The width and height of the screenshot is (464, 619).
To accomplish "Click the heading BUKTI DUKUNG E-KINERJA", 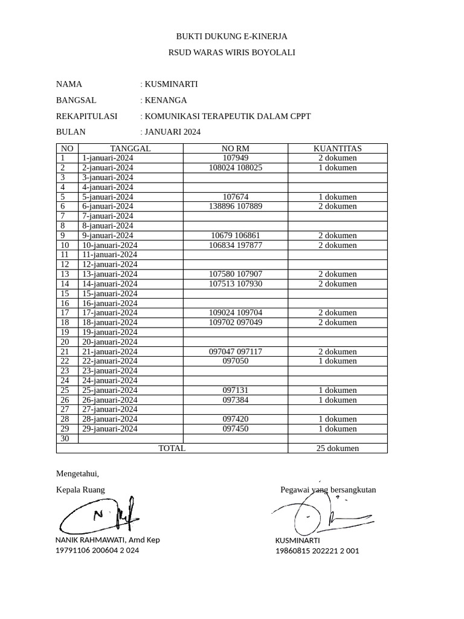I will pos(231,36).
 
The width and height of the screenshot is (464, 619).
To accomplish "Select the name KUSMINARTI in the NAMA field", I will pos(171,84).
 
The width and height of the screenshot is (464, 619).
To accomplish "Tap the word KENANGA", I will pos(166,100).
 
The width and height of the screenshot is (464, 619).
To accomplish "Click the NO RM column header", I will pos(235,148).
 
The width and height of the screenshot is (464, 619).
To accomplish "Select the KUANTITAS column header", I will pos(337,148).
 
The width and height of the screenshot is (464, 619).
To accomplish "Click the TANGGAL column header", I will pos(130,148).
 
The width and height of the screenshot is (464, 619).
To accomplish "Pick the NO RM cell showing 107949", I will pos(235,158).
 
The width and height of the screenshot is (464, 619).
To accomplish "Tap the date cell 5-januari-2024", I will pos(108,197).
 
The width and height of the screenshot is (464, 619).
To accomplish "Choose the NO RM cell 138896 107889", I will pos(235,206).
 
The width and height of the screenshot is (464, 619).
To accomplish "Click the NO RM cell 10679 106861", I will pos(235,235).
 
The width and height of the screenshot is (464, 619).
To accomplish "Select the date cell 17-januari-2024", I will pos(109,313).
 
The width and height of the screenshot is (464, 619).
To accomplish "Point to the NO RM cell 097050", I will pos(235,361).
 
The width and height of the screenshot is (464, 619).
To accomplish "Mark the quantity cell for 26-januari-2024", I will pos(337,400).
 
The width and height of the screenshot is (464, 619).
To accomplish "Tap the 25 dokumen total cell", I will pos(337,448).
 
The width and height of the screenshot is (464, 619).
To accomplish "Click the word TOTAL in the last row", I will pos(172,448).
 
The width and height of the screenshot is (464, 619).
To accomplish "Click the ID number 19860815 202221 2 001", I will pos(317,551).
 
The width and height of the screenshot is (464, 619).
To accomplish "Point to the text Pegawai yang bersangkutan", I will pos(328,490).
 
